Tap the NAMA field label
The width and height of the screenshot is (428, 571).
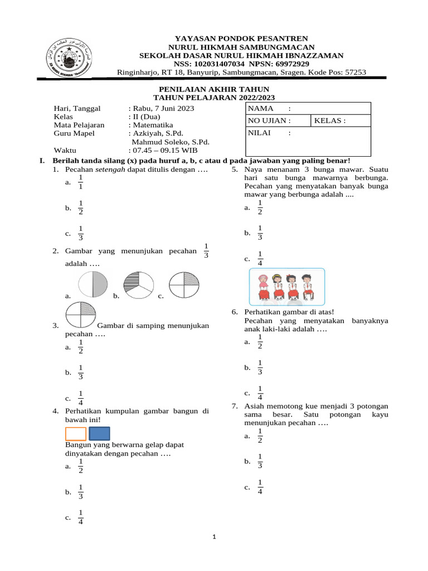click(261, 108)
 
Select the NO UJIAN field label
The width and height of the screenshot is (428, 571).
click(270, 120)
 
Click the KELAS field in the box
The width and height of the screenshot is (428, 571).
click(330, 120)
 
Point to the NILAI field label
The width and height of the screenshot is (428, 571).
click(260, 133)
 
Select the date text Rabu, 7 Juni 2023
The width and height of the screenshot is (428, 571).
click(163, 108)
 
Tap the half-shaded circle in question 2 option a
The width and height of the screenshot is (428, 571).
click(92, 284)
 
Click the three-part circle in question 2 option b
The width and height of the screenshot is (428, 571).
click(137, 284)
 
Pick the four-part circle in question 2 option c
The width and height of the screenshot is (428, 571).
click(183, 284)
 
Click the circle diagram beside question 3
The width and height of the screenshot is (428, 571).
click(81, 315)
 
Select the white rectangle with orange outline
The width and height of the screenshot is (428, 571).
click(76, 434)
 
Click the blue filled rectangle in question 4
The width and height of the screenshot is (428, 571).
click(99, 434)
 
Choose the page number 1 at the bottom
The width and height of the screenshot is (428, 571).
click(214, 537)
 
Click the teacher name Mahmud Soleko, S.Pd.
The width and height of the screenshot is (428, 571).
click(170, 142)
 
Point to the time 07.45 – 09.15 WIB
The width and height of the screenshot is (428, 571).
click(164, 151)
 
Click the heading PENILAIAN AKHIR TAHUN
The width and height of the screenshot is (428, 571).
click(214, 89)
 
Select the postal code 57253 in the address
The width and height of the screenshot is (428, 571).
click(354, 72)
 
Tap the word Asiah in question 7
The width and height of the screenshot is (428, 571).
click(255, 406)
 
